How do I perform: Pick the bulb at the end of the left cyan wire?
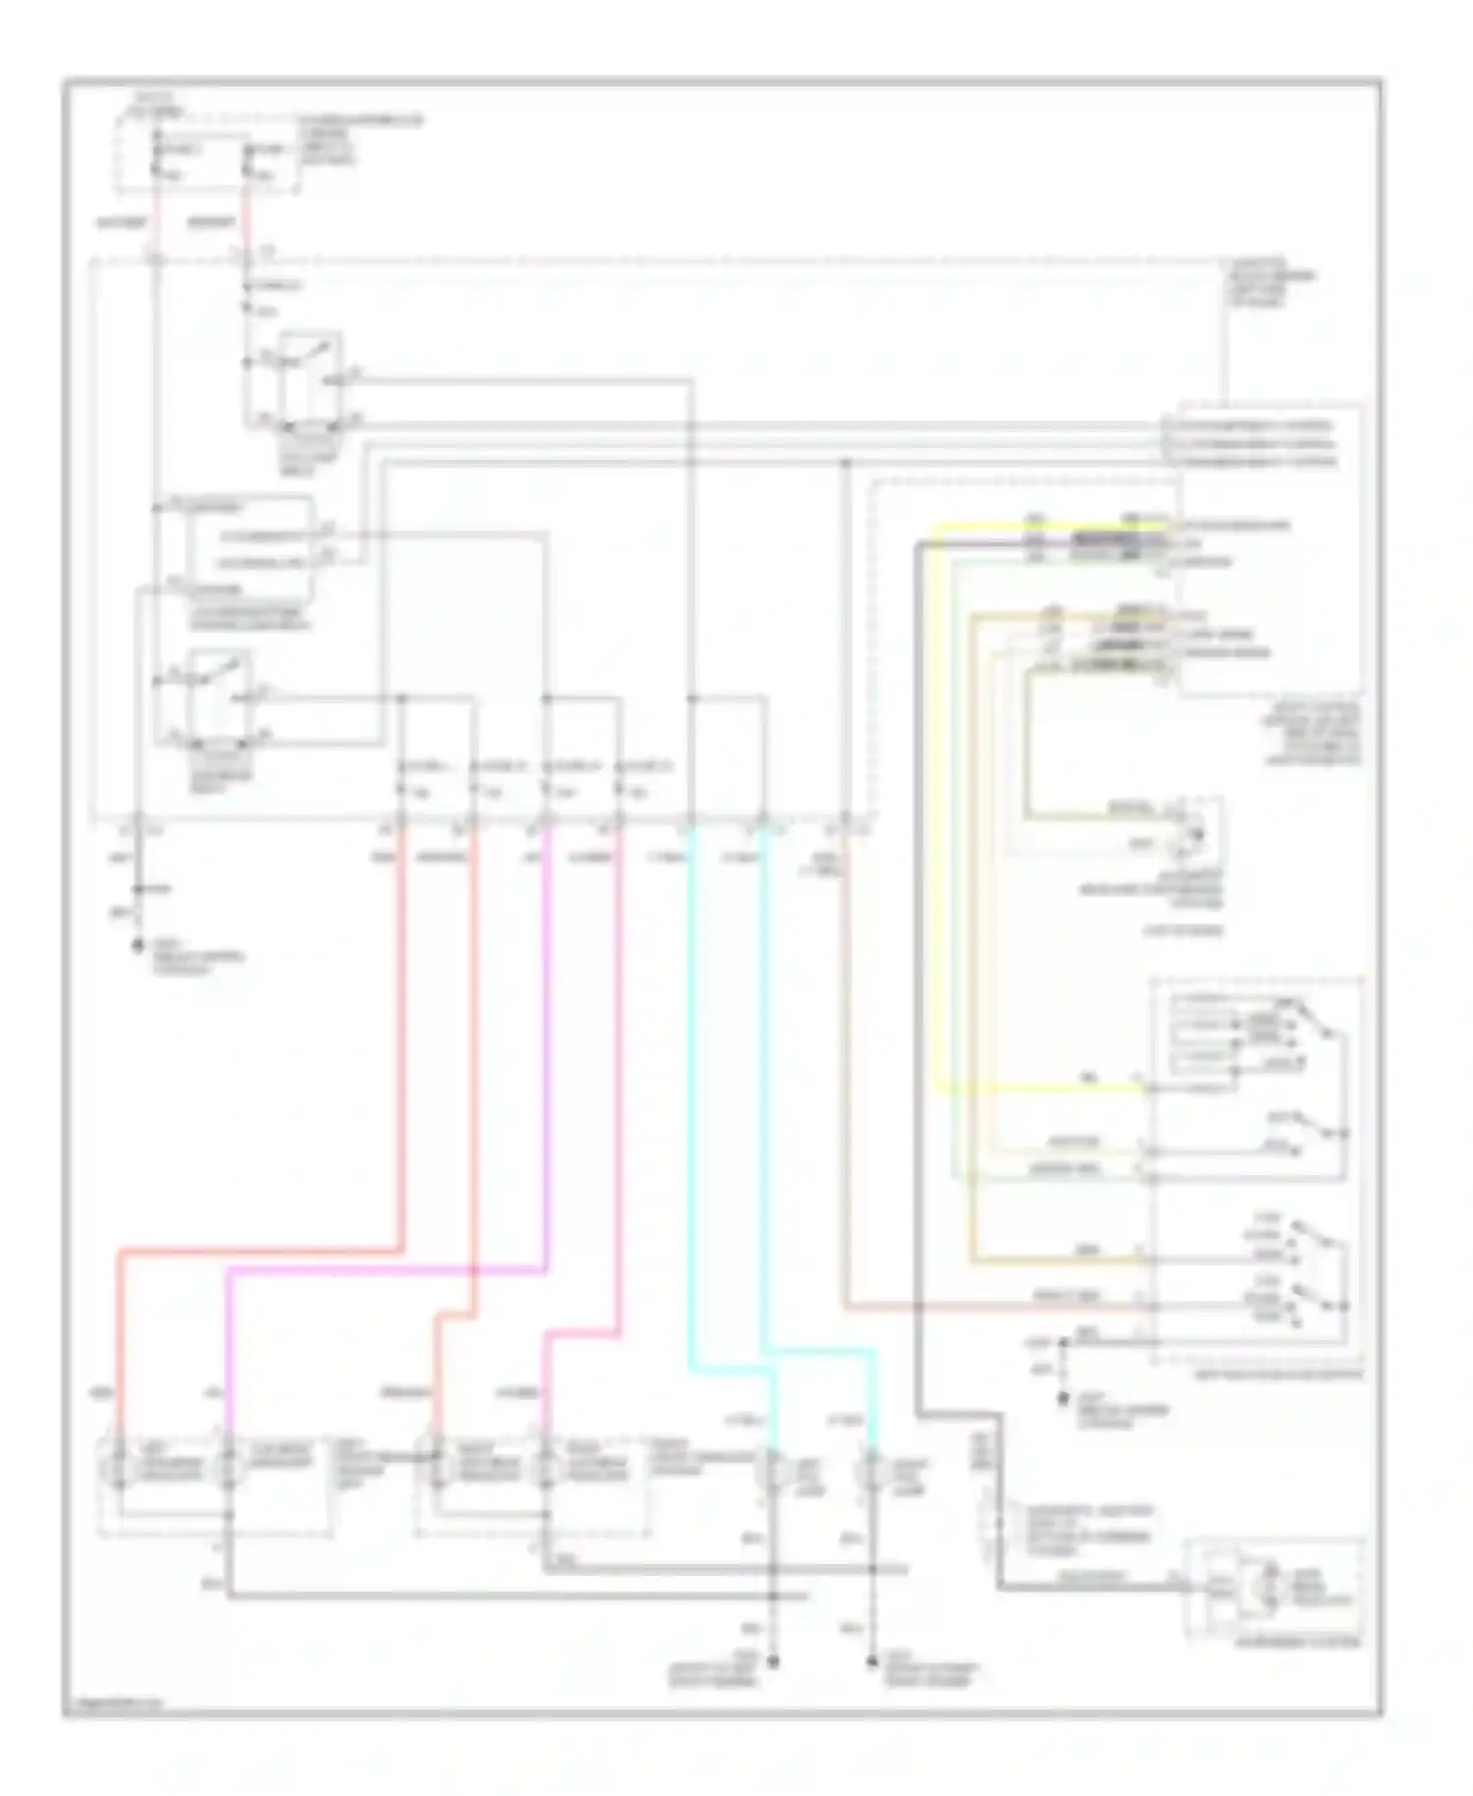point(773,1471)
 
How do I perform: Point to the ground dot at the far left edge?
point(136,947)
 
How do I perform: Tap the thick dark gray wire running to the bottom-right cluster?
point(918,982)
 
